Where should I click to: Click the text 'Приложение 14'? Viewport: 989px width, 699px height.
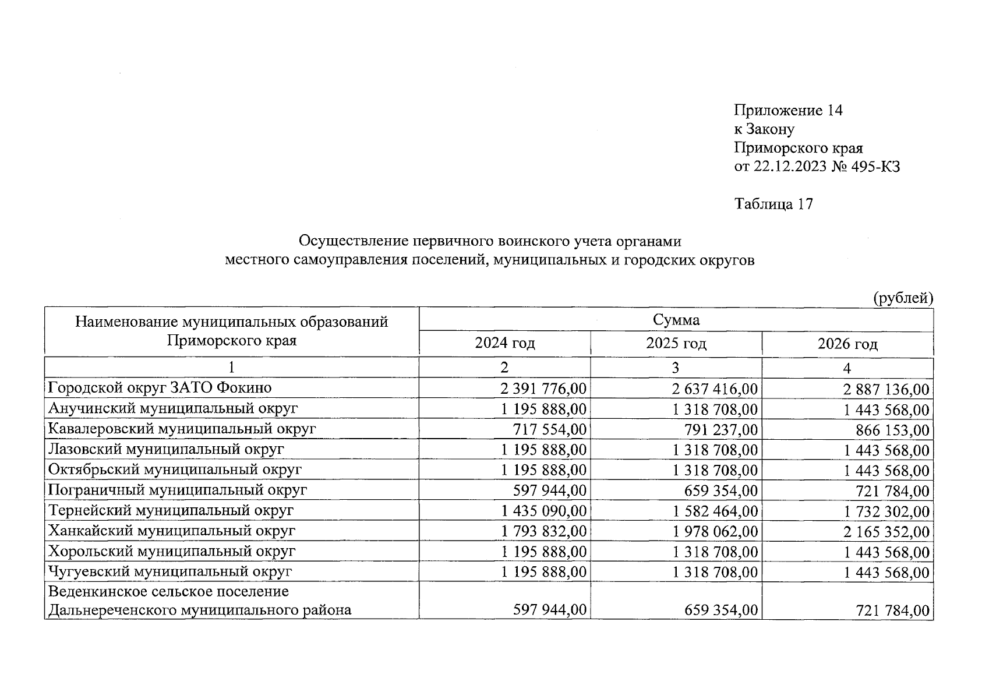tap(788, 111)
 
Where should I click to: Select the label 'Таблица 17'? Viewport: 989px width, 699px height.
tap(773, 204)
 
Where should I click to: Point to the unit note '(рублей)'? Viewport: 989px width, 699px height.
tap(903, 298)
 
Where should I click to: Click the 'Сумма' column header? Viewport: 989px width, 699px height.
tap(676, 320)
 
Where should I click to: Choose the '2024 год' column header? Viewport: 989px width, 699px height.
tap(504, 344)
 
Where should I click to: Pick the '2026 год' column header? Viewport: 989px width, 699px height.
tap(847, 344)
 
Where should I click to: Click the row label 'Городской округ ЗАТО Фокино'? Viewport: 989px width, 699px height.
tap(160, 388)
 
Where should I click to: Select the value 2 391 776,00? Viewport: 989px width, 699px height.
tap(543, 389)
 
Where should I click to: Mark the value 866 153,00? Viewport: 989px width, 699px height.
tap(892, 430)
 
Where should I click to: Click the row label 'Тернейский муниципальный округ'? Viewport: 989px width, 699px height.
tap(171, 511)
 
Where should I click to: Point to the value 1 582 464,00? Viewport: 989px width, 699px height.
tap(715, 511)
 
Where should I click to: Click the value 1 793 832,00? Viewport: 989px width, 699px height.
tap(543, 532)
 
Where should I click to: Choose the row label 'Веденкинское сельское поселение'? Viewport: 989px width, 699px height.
tap(168, 592)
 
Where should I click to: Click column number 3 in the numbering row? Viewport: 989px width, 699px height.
tap(675, 368)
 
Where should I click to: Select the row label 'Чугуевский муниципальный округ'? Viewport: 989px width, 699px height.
tap(169, 572)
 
